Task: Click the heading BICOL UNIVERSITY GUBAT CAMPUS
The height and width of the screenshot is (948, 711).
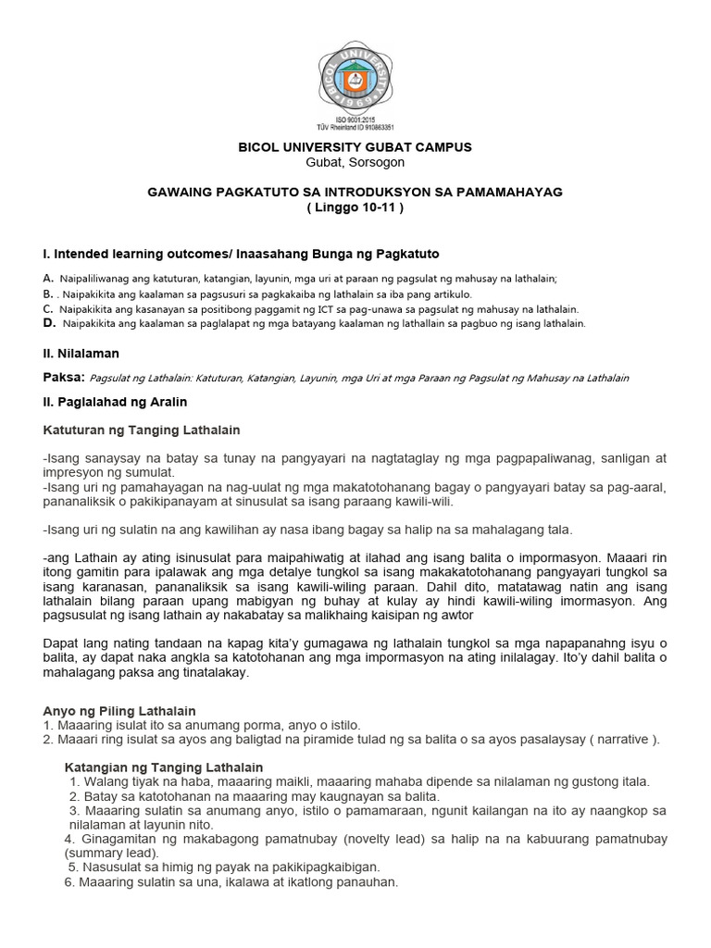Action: coord(355,147)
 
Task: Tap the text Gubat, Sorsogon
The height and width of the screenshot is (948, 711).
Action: coord(355,162)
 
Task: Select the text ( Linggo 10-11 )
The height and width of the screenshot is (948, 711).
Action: coord(355,206)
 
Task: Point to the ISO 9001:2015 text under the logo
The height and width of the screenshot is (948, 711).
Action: coord(355,119)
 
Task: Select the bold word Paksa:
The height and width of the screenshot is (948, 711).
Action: coord(64,377)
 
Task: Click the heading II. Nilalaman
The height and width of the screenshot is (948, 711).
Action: coord(81,353)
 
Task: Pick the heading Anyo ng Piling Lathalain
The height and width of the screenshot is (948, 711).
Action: coord(119,710)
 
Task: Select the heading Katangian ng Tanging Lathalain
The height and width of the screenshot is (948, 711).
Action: coord(164,767)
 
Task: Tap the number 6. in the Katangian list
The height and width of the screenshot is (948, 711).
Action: coord(69,882)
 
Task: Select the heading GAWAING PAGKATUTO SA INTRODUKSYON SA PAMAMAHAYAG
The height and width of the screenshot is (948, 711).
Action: coord(355,192)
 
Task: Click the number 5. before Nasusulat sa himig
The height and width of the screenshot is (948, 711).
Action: coord(73,867)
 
